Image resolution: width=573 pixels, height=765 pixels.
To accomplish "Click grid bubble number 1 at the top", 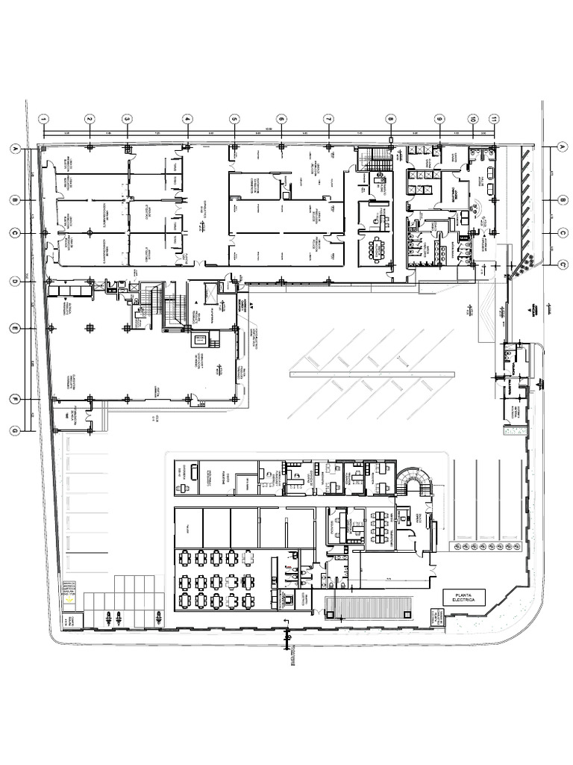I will [44, 119].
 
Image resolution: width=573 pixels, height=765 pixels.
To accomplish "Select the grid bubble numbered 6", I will [281, 119].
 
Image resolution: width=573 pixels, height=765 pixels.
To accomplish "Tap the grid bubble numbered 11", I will [493, 119].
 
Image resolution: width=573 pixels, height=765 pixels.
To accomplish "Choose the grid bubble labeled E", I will [13, 329].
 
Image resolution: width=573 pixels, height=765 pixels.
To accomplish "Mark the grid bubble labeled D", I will [13, 282].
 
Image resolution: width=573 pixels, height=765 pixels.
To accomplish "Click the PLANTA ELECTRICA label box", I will [463, 597].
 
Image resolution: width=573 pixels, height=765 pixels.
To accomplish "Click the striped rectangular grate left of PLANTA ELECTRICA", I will [369, 607].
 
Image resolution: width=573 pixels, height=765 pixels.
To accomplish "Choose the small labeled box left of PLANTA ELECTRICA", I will [436, 616].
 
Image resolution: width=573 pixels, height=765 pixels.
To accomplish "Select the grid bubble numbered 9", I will [439, 119].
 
